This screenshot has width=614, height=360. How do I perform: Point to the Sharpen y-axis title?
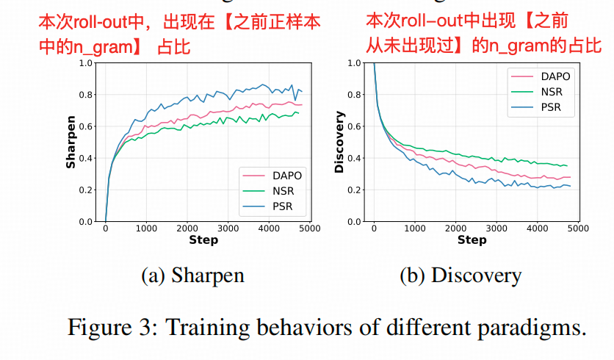coord(71,142)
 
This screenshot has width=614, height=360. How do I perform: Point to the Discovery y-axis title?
coord(339,142)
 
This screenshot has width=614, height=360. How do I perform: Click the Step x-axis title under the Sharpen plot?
coord(203,240)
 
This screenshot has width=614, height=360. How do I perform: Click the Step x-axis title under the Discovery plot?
coord(472,240)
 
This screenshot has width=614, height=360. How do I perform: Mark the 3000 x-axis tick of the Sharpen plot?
coord(228,228)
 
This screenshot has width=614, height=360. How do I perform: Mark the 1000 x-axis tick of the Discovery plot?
coord(415,228)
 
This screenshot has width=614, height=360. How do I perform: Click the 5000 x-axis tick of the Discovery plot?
coord(578,228)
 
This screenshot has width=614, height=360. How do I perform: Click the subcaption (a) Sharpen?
coord(192,276)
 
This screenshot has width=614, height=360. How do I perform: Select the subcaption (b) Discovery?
coord(460,276)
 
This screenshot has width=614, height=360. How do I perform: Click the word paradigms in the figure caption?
coord(535,325)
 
